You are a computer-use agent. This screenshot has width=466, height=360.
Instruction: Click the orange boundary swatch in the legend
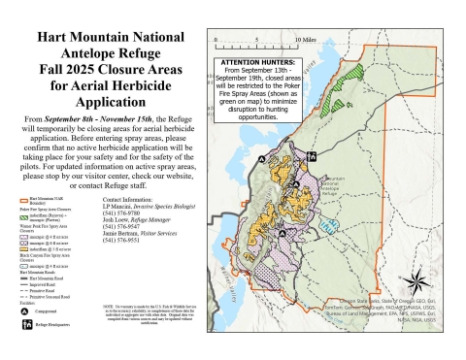click(20, 223)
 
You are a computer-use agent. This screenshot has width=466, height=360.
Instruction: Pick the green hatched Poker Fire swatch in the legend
click(20, 239)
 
